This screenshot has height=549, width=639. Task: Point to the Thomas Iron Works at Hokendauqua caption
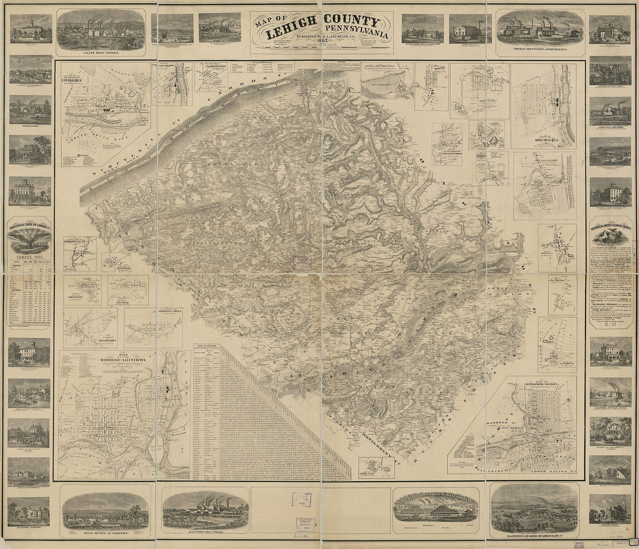point(540,50)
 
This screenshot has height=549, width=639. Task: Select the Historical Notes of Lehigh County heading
point(610,223)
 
